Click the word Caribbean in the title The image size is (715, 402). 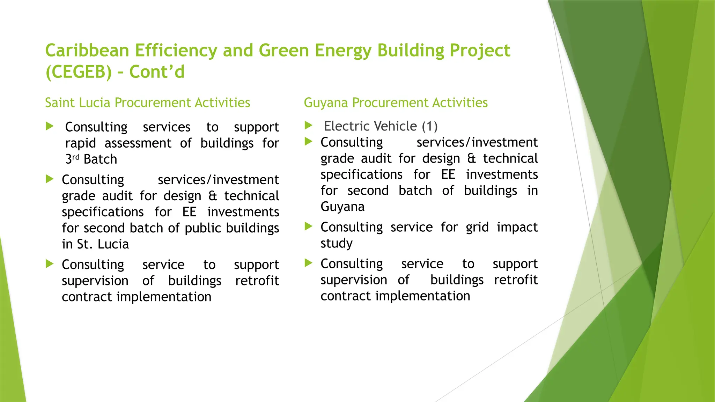coord(87,51)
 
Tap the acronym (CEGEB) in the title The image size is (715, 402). coord(79,72)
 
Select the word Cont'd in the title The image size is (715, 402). coord(157,72)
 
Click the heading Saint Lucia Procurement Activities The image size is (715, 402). coord(147,103)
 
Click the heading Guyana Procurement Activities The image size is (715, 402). coord(396,103)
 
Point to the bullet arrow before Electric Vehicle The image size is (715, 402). coord(308,125)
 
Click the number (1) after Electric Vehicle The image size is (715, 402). coord(429,126)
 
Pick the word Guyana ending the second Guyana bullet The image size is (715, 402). coord(342,207)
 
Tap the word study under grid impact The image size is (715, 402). coord(336,244)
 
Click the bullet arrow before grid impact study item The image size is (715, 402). coord(308,226)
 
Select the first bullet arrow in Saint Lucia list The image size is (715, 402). coord(50,126)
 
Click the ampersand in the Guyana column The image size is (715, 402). coord(471,159)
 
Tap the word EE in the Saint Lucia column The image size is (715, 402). coord(189,212)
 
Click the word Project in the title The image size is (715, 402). coord(480,51)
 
